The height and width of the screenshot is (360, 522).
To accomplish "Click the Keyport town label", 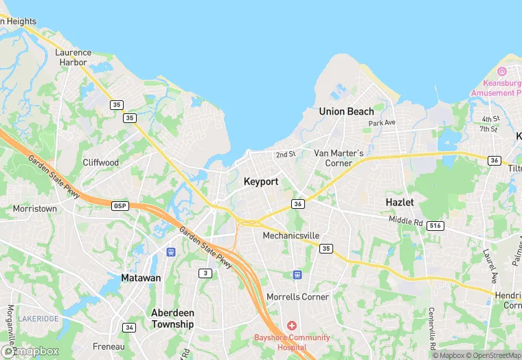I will (261, 181).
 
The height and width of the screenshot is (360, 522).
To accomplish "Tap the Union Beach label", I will (346, 111).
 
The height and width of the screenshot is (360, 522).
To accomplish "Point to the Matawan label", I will (140, 278).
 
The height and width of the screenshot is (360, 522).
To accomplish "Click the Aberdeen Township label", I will (172, 318).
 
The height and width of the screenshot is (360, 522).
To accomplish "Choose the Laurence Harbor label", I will (73, 57).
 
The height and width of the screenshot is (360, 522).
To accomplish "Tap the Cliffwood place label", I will (101, 163).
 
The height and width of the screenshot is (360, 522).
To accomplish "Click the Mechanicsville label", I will (291, 236).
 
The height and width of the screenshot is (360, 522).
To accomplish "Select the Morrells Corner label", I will (297, 297).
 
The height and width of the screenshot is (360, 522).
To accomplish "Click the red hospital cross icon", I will (292, 325).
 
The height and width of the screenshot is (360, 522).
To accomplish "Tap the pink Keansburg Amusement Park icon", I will (501, 71).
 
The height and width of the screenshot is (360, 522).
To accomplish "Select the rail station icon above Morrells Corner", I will (297, 275).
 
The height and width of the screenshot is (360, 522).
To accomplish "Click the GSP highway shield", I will (120, 205).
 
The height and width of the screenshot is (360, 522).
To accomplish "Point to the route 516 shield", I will (435, 225).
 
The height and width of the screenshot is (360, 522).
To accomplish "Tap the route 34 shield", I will (128, 327).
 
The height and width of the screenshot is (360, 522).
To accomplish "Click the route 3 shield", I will (205, 273).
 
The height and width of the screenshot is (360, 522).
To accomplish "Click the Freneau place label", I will (109, 346).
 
